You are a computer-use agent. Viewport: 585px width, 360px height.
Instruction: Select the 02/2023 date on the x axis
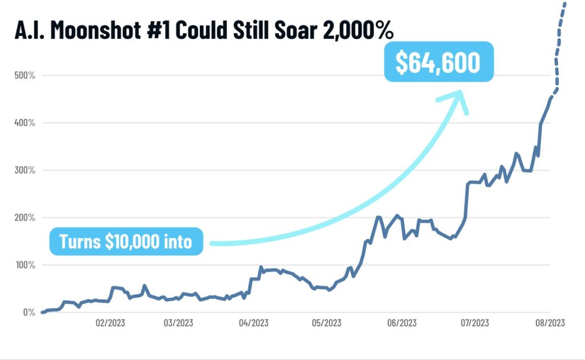pos(110,323)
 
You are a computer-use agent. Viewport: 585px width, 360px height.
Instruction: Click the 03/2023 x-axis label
pos(178,323)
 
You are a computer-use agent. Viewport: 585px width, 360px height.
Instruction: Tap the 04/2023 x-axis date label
pos(253,323)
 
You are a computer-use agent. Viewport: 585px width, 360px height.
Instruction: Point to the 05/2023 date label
pos(326,323)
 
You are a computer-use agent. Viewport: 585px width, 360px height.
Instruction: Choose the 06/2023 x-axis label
pos(400,323)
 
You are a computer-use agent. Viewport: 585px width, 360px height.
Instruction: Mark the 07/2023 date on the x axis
pos(475,323)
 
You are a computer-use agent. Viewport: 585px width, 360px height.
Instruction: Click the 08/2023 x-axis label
pos(550,323)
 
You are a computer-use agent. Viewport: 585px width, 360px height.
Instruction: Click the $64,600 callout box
pos(438,62)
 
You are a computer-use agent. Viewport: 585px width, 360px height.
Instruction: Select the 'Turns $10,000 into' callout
pos(126,242)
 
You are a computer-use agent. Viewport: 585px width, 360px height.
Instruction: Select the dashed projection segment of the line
pos(557,51)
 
